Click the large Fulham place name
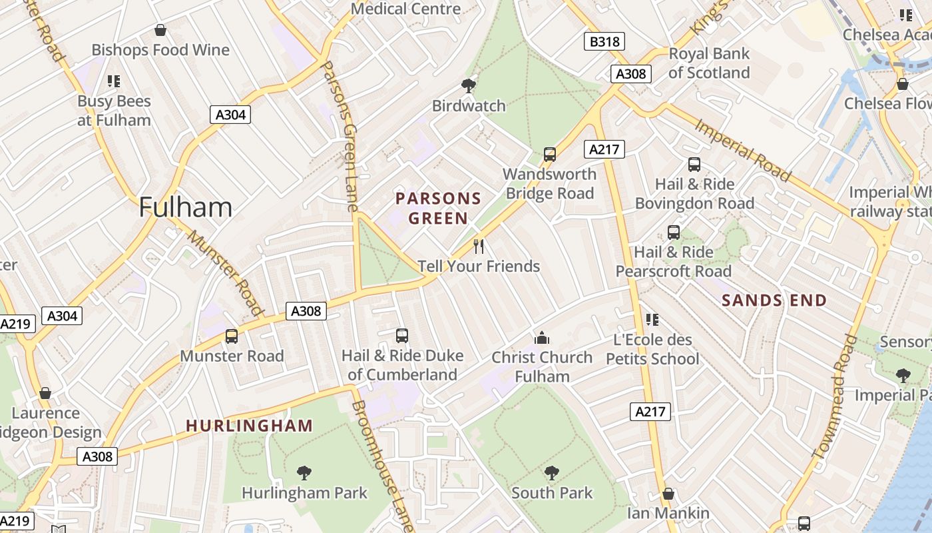(x=186, y=208)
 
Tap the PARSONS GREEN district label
(x=438, y=208)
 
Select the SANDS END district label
(x=774, y=300)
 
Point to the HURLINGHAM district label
(x=249, y=426)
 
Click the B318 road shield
(x=604, y=42)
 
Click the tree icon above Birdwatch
(x=469, y=85)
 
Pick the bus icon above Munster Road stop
(x=232, y=336)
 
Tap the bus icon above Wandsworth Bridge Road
(x=550, y=155)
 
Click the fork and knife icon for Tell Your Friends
(x=479, y=247)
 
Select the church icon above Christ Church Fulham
(x=542, y=338)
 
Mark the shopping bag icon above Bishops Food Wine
(x=160, y=30)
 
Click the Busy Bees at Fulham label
(x=114, y=111)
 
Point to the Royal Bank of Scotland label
(x=709, y=63)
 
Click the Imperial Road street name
(x=743, y=150)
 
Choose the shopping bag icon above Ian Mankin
(x=668, y=494)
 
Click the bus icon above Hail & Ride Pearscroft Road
(x=674, y=233)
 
